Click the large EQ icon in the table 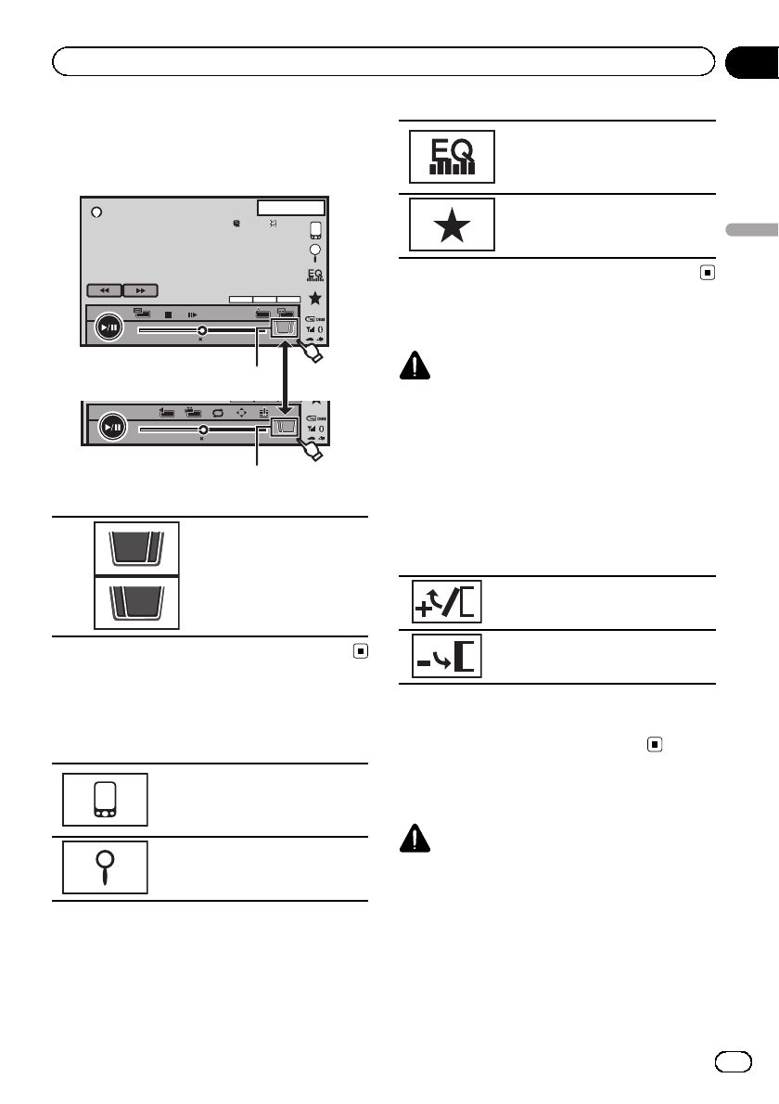pyautogui.click(x=452, y=156)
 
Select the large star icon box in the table pyautogui.click(x=452, y=225)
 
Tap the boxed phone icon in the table pyautogui.click(x=105, y=799)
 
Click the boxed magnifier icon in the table pyautogui.click(x=105, y=867)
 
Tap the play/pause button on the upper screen pyautogui.click(x=109, y=327)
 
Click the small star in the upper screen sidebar pyautogui.click(x=316, y=298)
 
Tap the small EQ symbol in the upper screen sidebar pyautogui.click(x=316, y=275)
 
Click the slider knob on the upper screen pyautogui.click(x=201, y=329)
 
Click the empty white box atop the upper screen pyautogui.click(x=291, y=207)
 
